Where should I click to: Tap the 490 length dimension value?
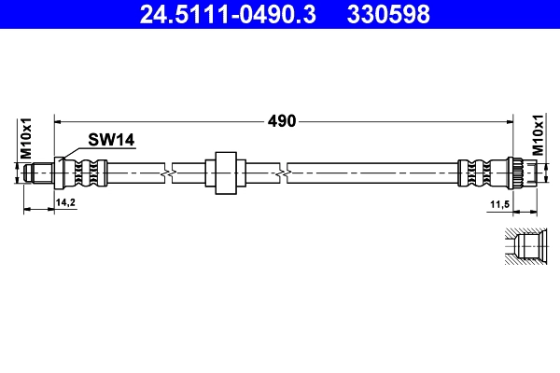tap(283, 120)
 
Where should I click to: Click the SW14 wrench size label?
tap(112, 140)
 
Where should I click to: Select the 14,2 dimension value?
tap(66, 201)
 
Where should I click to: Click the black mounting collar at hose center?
tap(223, 173)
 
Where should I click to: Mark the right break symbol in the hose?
tap(283, 173)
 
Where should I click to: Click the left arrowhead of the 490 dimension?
tap(61, 120)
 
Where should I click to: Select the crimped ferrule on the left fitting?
tap(89, 173)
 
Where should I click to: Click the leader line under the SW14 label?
tap(103, 150)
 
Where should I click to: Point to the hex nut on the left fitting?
tap(61, 173)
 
